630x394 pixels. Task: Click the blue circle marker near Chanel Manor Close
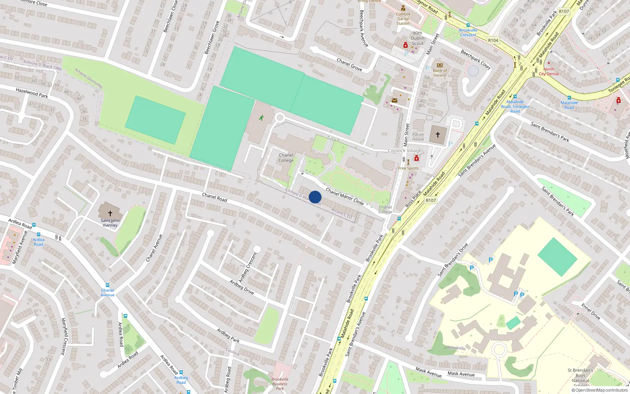pos(315,197)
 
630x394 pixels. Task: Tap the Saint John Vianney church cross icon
pos(110,213)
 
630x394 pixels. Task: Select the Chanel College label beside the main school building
pos(286,158)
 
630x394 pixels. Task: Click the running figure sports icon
pos(261,117)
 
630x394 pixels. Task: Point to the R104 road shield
pos(493,40)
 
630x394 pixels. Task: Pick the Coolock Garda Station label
pos(403,19)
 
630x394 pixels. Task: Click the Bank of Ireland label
pos(440,73)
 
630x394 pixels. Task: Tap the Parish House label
pos(418,137)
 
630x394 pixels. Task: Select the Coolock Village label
pos(404,151)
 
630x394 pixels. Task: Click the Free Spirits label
pos(408,168)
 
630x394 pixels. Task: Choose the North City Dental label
pos(549,71)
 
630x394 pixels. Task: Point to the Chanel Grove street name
pos(349,65)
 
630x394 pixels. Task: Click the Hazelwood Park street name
pos(32,93)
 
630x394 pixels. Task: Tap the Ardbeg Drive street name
pos(242,287)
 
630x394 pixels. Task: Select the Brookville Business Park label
pos(280,384)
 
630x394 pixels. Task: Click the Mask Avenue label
pos(461,373)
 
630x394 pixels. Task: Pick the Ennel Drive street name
pos(591,311)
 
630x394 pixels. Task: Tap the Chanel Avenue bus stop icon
pos(107,285)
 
